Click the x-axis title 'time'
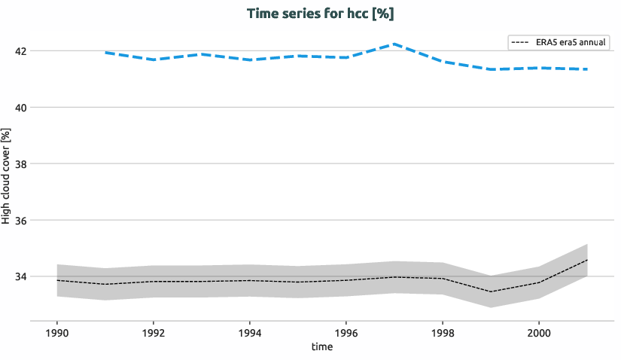point(321,347)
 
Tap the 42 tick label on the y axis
point(21,51)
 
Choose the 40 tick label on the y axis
point(21,108)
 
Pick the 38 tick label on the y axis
point(21,164)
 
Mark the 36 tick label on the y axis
point(21,221)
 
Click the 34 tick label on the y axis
point(21,276)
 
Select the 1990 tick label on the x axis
point(57,331)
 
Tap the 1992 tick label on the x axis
point(154,331)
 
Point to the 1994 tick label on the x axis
point(250,331)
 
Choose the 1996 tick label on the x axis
point(346,331)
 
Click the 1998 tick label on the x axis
point(442,331)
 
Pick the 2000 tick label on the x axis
point(538,331)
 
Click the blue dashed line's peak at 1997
point(394,44)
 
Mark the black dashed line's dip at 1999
point(490,291)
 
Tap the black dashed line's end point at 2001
point(586,260)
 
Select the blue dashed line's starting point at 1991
point(105,53)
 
